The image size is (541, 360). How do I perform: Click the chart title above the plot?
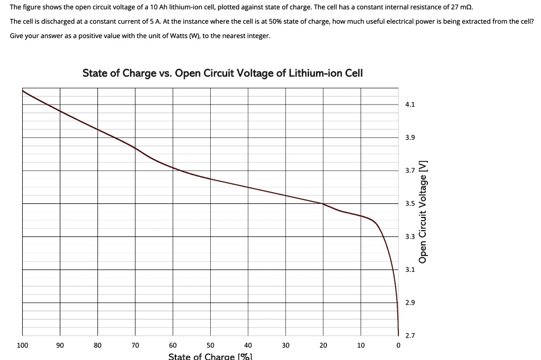[222, 73]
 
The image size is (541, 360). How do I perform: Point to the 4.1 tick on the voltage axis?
[410, 105]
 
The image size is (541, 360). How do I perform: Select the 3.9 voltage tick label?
[410, 138]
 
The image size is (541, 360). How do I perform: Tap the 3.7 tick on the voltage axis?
[410, 171]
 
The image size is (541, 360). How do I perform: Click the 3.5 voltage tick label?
[410, 204]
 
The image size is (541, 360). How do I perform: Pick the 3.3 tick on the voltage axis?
[410, 237]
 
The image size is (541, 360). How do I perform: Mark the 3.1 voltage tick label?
[410, 270]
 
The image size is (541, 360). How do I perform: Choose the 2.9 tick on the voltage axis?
[410, 303]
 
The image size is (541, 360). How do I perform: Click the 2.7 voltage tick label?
[410, 336]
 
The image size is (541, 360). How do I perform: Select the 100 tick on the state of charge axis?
[22, 345]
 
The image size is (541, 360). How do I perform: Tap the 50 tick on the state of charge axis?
[210, 345]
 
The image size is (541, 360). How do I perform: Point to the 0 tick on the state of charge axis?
[398, 345]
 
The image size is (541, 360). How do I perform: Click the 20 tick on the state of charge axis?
[323, 345]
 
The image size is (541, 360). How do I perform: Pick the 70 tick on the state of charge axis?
[135, 345]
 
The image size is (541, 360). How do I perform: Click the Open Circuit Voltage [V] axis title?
[423, 211]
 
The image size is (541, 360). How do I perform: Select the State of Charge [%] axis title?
[210, 356]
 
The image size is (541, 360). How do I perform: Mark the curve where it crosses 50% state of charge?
[210, 179]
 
